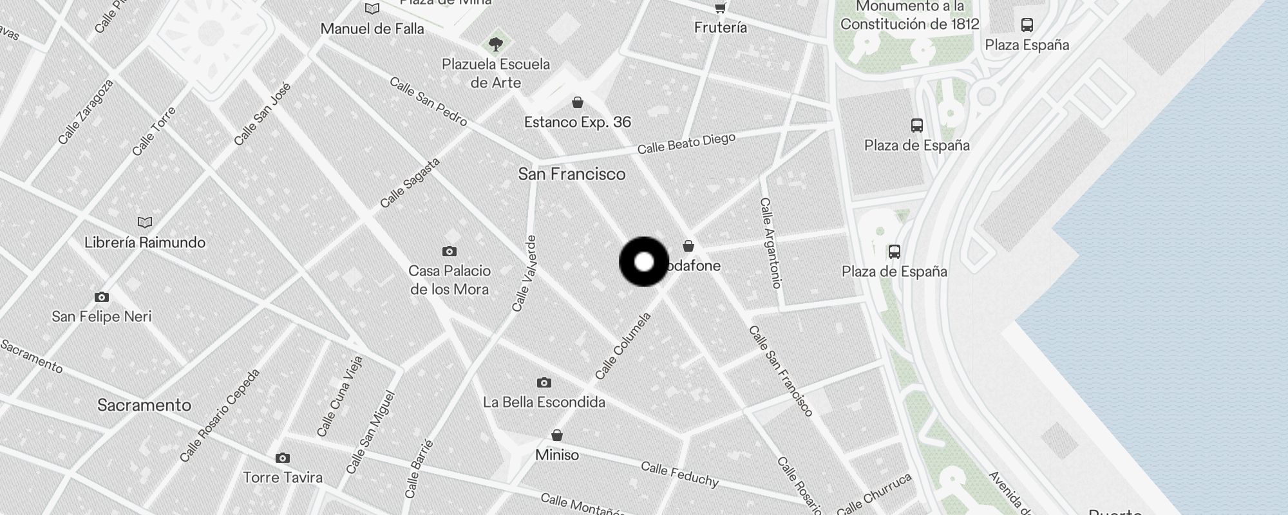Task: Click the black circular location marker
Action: pyautogui.click(x=644, y=262)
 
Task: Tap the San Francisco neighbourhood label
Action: pyautogui.click(x=572, y=174)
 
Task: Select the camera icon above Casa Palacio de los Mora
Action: pyautogui.click(x=450, y=251)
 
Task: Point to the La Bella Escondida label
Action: pyautogui.click(x=544, y=402)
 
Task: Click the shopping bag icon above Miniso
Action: pyautogui.click(x=557, y=436)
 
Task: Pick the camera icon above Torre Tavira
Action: pyautogui.click(x=282, y=458)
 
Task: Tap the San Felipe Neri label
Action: pyautogui.click(x=102, y=316)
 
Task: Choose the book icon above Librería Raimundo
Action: pyautogui.click(x=145, y=223)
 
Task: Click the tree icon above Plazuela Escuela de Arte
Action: pyautogui.click(x=495, y=44)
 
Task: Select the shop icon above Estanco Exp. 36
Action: pyautogui.click(x=578, y=103)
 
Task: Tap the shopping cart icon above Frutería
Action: pyautogui.click(x=720, y=8)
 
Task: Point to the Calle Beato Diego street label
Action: pyautogui.click(x=686, y=144)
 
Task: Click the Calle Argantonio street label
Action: pyautogui.click(x=770, y=242)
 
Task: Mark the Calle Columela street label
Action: pyautogui.click(x=623, y=346)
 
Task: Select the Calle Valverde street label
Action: pyautogui.click(x=524, y=274)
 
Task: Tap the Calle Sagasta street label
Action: pyautogui.click(x=410, y=183)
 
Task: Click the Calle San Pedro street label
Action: pyautogui.click(x=428, y=102)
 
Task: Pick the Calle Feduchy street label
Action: pyautogui.click(x=679, y=474)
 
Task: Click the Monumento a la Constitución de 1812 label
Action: pyautogui.click(x=909, y=16)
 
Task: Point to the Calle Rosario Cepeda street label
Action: pyautogui.click(x=220, y=415)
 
